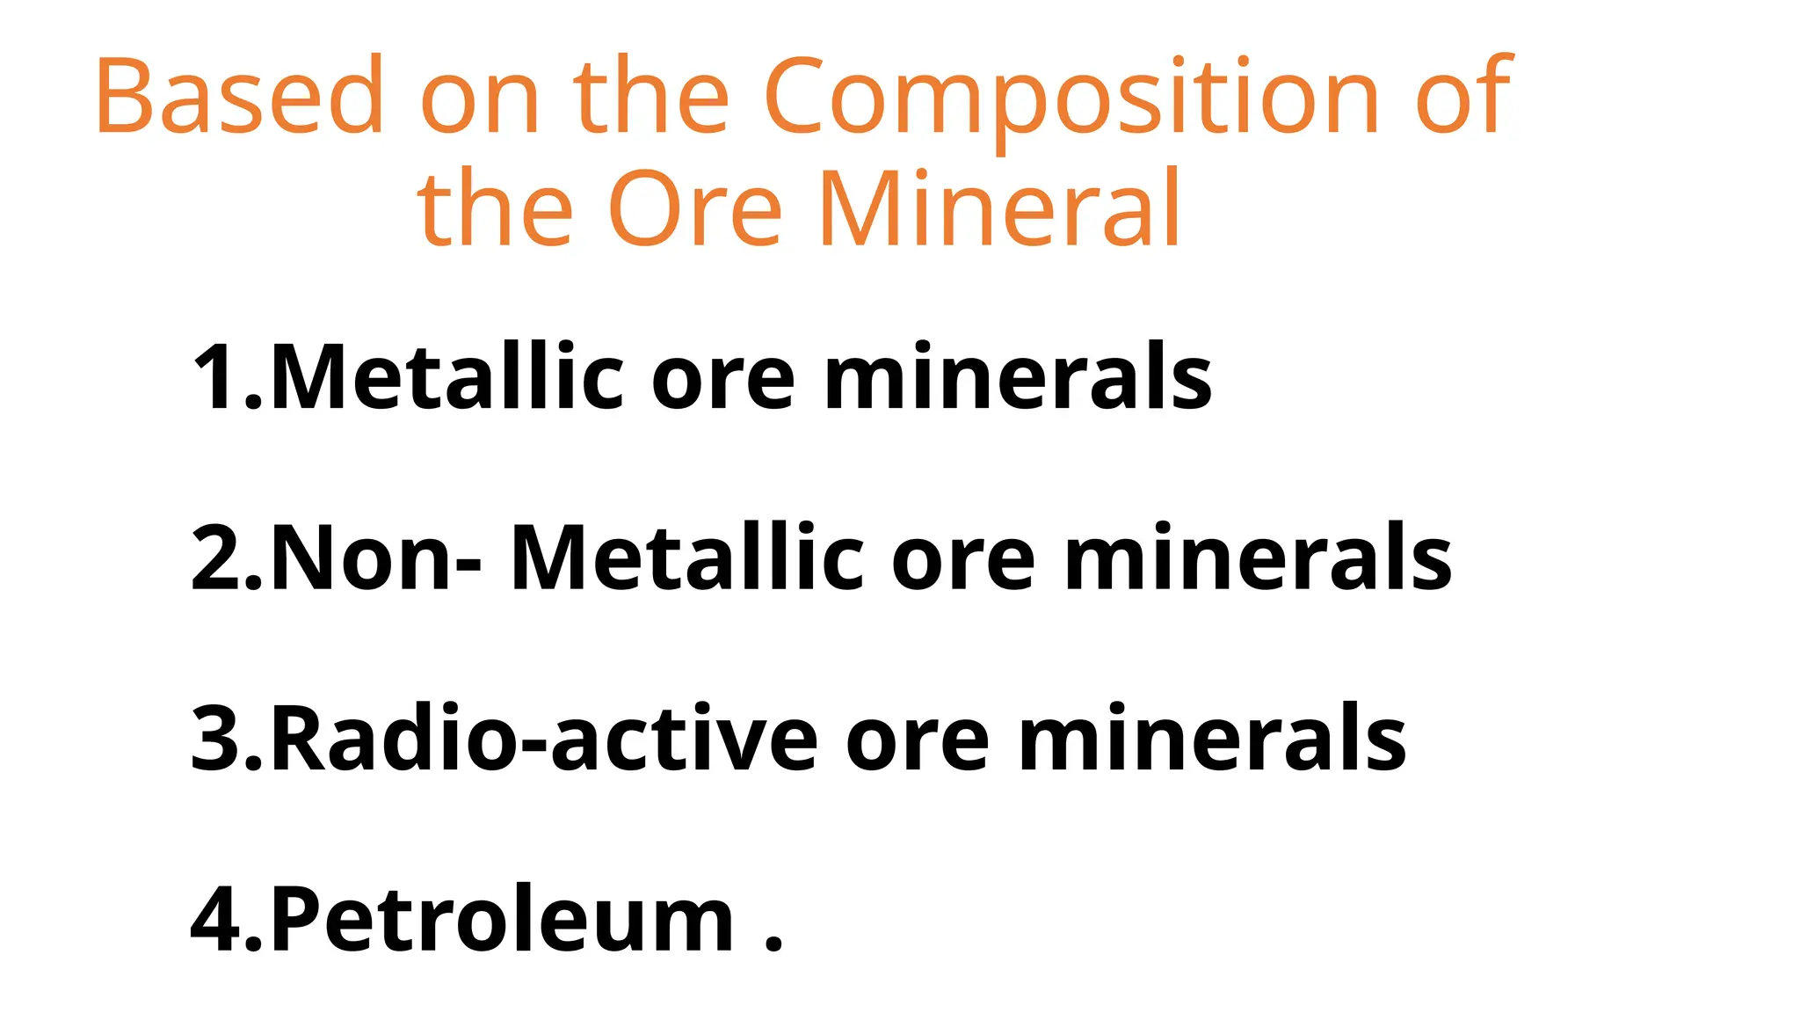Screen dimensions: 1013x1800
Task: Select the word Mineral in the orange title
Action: point(999,209)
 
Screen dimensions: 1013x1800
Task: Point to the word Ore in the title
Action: point(694,209)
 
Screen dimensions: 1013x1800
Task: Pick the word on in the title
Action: point(480,104)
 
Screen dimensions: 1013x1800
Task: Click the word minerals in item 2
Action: point(1258,558)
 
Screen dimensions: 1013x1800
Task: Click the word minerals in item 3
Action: point(1212,739)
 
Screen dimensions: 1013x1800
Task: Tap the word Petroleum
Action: point(501,919)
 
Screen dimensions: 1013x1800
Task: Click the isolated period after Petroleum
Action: point(773,945)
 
